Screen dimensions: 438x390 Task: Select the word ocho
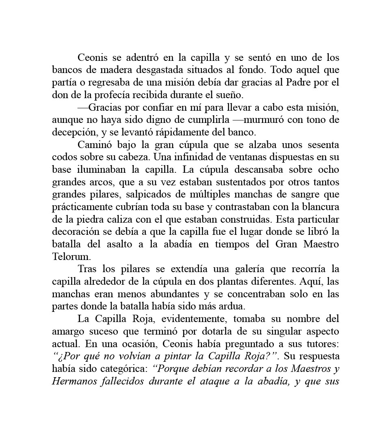coord(329,170)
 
